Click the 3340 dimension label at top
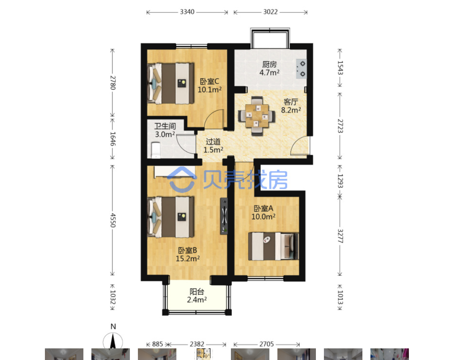tap(187, 12)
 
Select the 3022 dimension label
tap(271, 12)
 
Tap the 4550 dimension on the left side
tap(113, 220)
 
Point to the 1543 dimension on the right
tap(340, 68)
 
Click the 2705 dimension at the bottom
tap(266, 344)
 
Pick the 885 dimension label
tap(158, 344)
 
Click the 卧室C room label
tap(210, 81)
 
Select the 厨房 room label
tap(269, 64)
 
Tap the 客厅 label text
tap(291, 102)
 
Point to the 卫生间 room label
tap(165, 126)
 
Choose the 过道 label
tap(213, 142)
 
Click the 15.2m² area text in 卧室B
tap(188, 259)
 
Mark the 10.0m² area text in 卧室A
tap(263, 217)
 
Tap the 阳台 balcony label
tap(197, 291)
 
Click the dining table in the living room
tap(257, 116)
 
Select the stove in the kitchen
tap(301, 69)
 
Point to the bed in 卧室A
tap(273, 246)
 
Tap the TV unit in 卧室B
tap(224, 216)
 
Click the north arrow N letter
tap(113, 327)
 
